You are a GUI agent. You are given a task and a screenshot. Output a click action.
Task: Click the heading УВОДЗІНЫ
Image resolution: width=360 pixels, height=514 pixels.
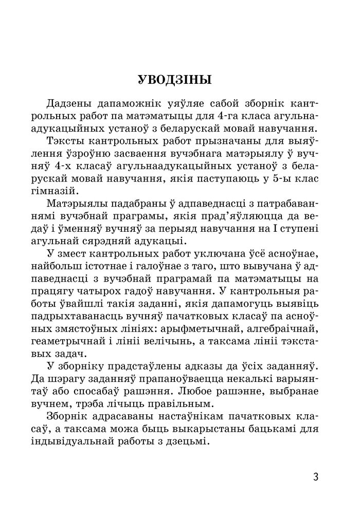click(175, 80)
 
